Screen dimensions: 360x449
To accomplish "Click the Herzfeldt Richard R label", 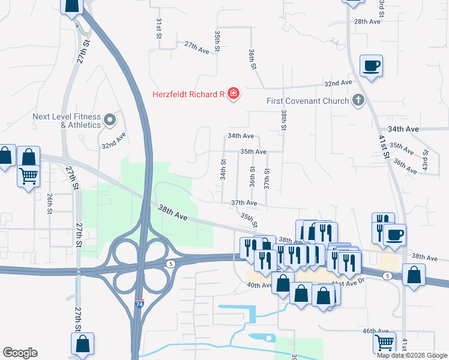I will pos(187,94).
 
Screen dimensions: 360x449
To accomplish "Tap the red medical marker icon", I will pos(233,94).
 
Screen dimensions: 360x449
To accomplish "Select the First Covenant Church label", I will pos(307,101).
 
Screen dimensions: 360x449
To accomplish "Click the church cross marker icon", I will pos(358,100).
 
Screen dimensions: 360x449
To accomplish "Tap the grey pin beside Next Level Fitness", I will pos(110,120).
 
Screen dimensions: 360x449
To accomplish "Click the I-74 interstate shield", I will pos(139,304).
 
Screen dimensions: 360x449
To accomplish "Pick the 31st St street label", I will pos(160,28).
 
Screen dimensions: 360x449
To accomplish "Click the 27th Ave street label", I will pos(196,48).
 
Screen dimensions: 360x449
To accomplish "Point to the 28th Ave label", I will pos(367,22).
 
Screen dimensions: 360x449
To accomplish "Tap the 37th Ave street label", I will pos(244,203).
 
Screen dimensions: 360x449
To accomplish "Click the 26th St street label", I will pos(50,203).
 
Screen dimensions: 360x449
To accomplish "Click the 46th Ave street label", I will pos(376,331).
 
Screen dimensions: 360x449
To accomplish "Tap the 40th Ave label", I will pos(259,286).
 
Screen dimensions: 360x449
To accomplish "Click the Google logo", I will pos(20,353).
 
